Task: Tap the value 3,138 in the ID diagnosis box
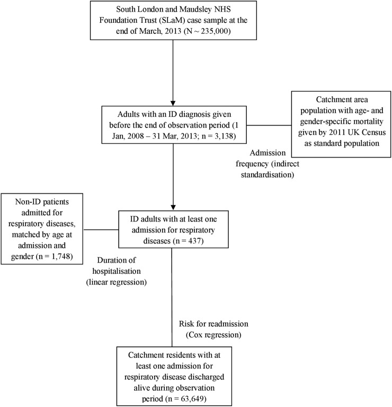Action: point(225,136)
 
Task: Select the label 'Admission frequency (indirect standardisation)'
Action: point(268,164)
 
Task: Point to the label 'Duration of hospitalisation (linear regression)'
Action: point(116,271)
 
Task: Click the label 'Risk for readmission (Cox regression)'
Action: point(213,329)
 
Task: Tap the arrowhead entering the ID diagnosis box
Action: point(173,103)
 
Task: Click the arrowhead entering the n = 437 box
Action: point(173,207)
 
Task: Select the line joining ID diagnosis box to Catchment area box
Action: point(269,125)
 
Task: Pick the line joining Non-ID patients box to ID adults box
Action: point(101,229)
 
